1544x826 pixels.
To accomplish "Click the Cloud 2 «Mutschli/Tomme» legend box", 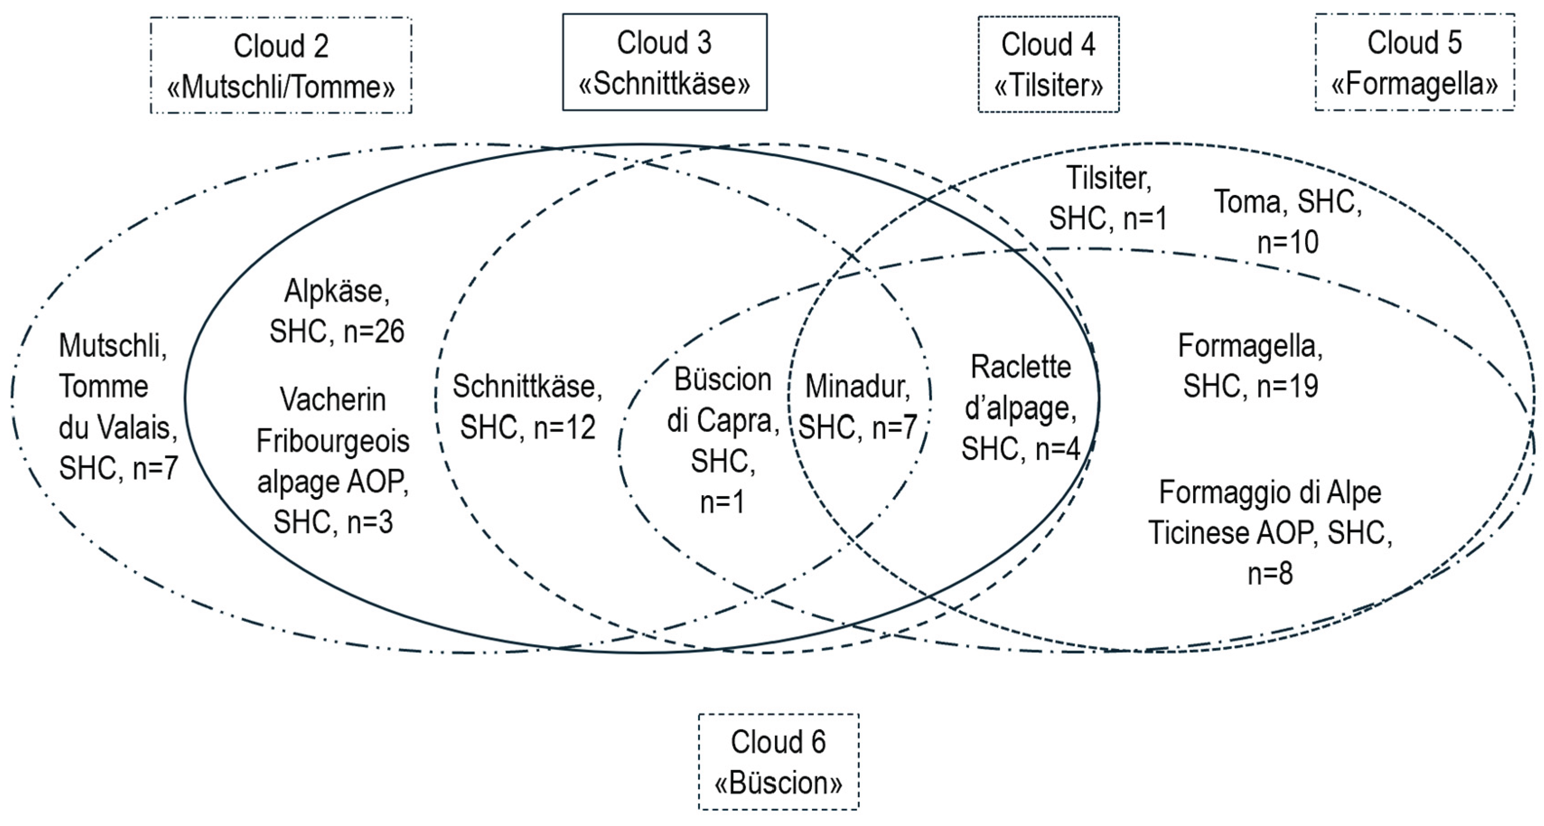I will tap(280, 65).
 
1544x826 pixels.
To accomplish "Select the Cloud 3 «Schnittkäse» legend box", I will tap(664, 62).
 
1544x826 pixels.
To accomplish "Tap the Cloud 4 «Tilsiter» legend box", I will tap(1048, 64).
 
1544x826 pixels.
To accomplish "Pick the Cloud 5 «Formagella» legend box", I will tap(1414, 62).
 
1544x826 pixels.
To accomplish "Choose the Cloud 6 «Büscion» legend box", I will tap(778, 761).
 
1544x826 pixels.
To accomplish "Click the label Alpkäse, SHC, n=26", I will tap(337, 311).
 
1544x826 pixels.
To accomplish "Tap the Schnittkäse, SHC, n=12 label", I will tap(527, 407).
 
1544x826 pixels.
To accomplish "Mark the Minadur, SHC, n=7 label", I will tap(858, 407).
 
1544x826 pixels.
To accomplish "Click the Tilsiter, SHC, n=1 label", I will tap(1108, 198).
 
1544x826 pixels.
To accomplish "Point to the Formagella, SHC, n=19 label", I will tap(1250, 365).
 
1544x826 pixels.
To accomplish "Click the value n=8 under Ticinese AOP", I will tap(1269, 574).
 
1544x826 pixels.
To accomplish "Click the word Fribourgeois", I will tap(333, 442).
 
